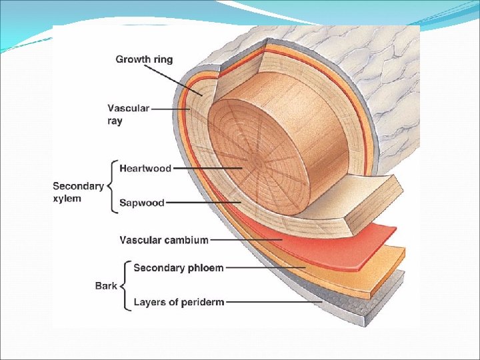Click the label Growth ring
pyautogui.click(x=144, y=59)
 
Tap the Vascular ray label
pyautogui.click(x=129, y=114)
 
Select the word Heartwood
pyautogui.click(x=145, y=169)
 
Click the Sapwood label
pyautogui.click(x=142, y=203)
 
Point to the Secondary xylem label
pyautogui.click(x=78, y=192)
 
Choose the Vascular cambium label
pyautogui.click(x=164, y=239)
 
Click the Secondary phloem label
pyautogui.click(x=179, y=268)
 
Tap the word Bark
pyautogui.click(x=106, y=285)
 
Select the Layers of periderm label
pyautogui.click(x=179, y=302)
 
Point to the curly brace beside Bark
pyautogui.click(x=124, y=285)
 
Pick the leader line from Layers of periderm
pyautogui.click(x=273, y=303)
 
